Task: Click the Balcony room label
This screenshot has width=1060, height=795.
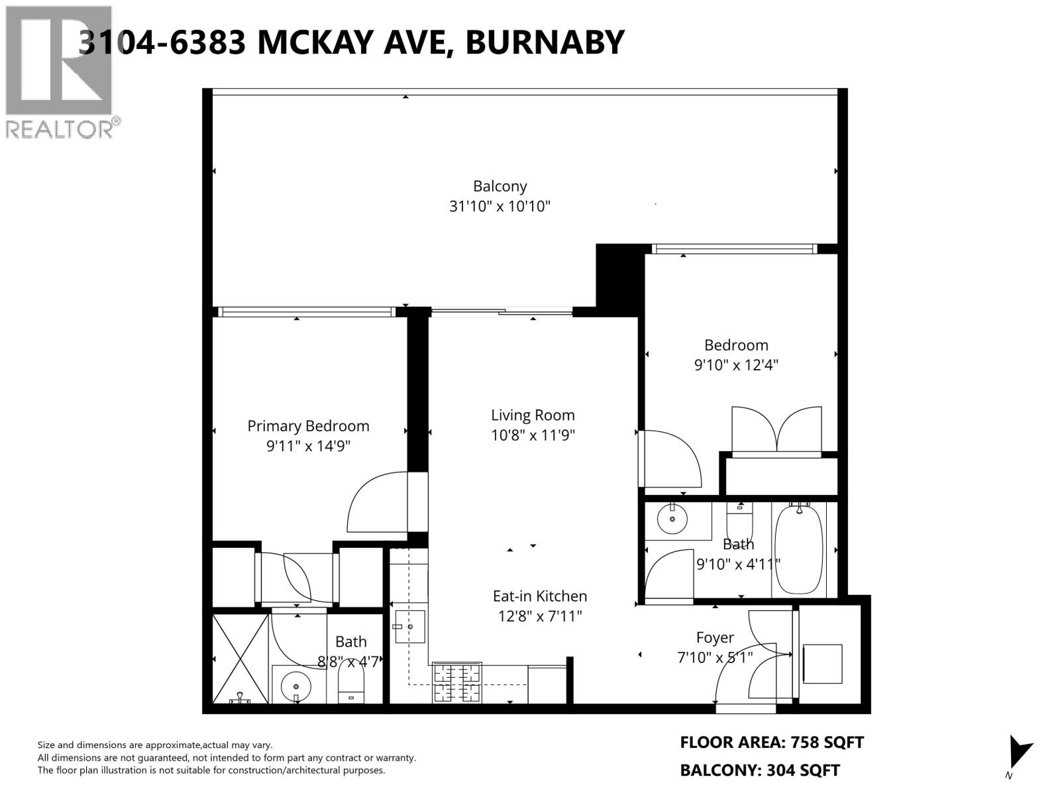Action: (x=500, y=186)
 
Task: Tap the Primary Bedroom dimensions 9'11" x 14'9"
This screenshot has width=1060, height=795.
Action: (x=308, y=446)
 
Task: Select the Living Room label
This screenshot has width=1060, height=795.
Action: (x=533, y=415)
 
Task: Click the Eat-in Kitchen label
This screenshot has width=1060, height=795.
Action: (x=539, y=596)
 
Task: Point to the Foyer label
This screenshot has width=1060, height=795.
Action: (x=715, y=637)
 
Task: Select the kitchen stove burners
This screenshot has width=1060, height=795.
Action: (x=456, y=683)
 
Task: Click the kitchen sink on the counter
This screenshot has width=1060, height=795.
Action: (x=409, y=627)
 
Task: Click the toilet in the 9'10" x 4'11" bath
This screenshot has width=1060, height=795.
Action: (x=739, y=523)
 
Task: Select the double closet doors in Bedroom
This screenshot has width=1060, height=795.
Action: (x=776, y=429)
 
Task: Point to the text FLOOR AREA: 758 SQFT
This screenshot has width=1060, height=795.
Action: (x=772, y=743)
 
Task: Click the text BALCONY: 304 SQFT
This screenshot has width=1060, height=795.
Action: (x=760, y=770)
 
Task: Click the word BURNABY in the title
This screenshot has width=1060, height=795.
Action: (x=545, y=42)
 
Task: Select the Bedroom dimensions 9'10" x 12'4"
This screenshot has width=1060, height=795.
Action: (x=735, y=365)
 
